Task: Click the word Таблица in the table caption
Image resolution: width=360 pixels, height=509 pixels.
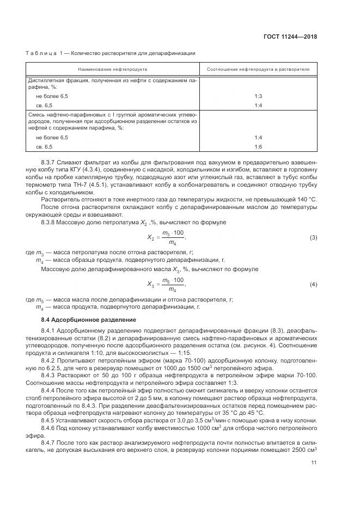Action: (42, 53)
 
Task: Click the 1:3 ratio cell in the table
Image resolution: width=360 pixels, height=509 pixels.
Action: (258, 96)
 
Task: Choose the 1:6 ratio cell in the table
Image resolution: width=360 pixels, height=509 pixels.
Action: (258, 147)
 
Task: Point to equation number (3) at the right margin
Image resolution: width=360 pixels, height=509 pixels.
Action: (313, 223)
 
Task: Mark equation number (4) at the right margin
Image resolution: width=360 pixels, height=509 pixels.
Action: (313, 284)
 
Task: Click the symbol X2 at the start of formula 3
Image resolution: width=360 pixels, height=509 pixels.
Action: (151, 223)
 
